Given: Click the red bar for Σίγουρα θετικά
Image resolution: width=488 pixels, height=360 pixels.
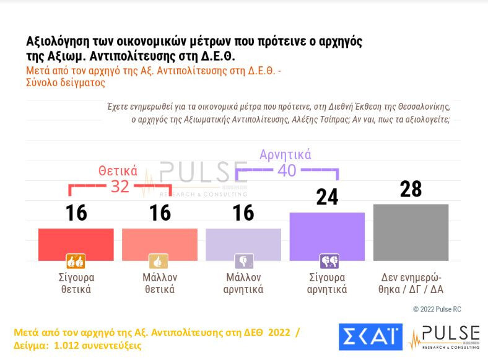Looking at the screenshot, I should pos(76,244).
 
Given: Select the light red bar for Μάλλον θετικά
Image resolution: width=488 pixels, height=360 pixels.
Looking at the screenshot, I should pos(160,244).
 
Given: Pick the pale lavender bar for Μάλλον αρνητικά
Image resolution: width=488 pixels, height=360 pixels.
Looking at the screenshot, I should pos(243,244).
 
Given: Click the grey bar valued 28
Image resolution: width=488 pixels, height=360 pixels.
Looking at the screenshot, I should pos(411,232).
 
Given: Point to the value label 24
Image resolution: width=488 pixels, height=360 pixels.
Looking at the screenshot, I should pos(327,197).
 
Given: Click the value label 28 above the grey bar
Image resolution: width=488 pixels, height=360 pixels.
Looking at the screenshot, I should pos(411,189).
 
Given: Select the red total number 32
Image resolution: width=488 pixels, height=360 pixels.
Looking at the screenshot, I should pos(120,187).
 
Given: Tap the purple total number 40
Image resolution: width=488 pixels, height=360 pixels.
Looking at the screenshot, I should pos(287,170).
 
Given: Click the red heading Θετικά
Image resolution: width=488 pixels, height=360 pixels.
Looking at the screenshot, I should pos(118,171).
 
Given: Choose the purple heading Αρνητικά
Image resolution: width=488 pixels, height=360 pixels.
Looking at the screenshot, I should pos(285,154).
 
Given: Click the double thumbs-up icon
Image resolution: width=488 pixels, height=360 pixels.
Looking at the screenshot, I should pos(76,261).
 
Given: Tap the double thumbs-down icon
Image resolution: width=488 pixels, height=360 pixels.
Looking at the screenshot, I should pos(329,261).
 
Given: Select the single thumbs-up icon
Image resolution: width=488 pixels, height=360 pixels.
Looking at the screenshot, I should pos(159,261).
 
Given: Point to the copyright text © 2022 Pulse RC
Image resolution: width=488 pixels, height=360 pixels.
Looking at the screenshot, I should pos(437,309).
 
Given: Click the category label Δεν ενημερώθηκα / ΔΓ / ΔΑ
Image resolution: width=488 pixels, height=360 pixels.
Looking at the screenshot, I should pos(411,283).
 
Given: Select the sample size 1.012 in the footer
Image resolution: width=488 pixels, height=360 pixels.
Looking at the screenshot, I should pos(60,345).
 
